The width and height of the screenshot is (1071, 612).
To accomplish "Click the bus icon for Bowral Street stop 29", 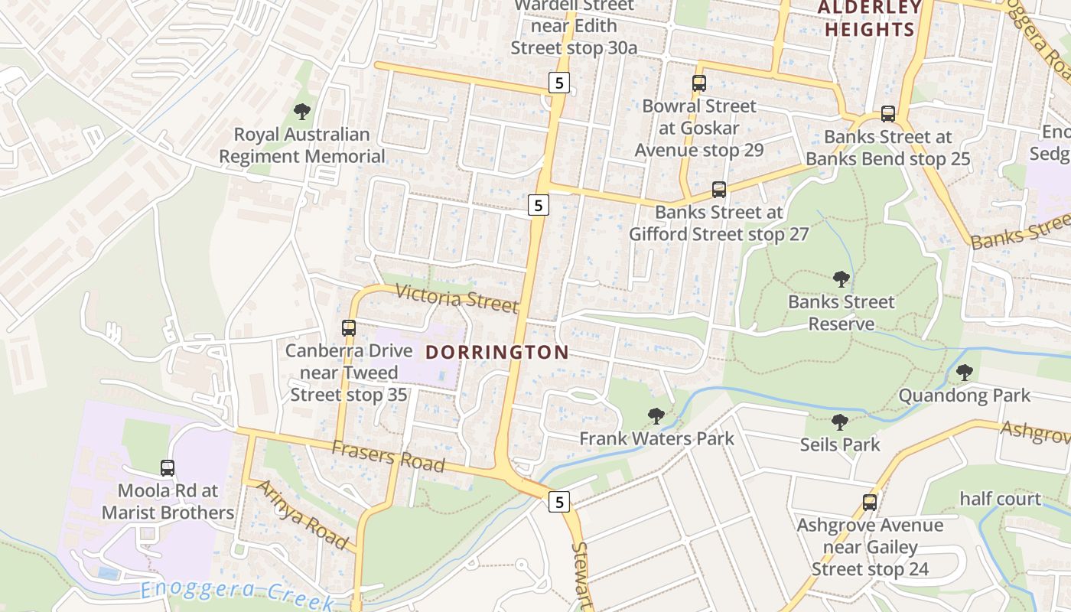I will (x=698, y=83).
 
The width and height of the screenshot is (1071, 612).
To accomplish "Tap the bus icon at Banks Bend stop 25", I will (x=888, y=114).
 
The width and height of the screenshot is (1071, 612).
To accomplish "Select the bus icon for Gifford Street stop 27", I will (x=719, y=190).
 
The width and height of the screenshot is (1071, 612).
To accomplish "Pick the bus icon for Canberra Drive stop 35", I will (x=349, y=328).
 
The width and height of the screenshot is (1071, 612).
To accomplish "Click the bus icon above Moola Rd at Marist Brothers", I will (x=168, y=467).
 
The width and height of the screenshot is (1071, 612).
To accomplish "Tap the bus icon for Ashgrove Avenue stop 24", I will (x=870, y=503).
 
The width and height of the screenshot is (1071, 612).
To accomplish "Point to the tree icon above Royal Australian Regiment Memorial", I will (x=302, y=112).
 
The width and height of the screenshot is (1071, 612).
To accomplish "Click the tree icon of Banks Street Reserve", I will (x=841, y=279).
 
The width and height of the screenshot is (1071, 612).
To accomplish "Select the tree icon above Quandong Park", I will (x=964, y=373).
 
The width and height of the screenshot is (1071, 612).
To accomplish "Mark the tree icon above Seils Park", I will (x=840, y=422).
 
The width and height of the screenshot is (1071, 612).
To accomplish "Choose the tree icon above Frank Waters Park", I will (x=656, y=416).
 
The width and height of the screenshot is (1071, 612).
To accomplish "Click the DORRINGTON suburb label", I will (x=497, y=353).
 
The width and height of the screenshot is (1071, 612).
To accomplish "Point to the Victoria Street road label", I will (x=457, y=298).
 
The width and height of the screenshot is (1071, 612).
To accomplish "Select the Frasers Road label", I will (x=388, y=457).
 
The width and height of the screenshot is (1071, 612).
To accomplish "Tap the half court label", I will (x=1001, y=500).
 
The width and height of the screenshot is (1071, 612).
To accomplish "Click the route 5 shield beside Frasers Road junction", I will (x=560, y=502).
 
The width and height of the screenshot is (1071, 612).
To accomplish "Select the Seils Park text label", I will (x=840, y=444).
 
